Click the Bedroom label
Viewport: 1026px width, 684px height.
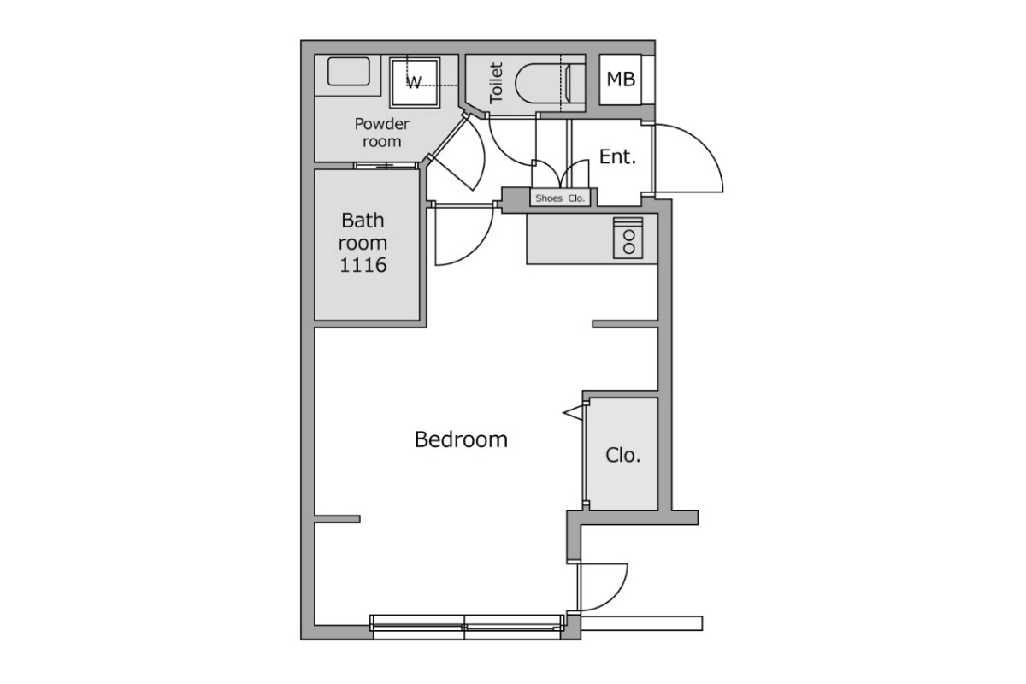coord(461,439)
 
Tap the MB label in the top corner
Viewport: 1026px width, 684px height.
coord(621,80)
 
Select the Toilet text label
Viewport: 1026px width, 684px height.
coord(497,83)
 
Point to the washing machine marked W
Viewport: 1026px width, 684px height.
coord(415,82)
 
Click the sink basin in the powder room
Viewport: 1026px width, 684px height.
coord(349,72)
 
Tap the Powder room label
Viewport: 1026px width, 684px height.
coord(382,133)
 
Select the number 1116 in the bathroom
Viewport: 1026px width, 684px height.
coord(363,265)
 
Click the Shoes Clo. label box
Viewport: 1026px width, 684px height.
coord(560,198)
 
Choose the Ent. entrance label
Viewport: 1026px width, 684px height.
coord(618,157)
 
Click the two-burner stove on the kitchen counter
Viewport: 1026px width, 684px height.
coord(628,239)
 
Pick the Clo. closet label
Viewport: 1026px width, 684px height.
coord(622,456)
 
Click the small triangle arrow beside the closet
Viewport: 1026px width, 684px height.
coord(574,413)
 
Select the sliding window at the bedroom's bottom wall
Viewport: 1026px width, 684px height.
coord(467,626)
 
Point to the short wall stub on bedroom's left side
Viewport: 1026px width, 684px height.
coord(338,519)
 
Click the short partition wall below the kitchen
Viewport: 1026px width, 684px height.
coord(625,324)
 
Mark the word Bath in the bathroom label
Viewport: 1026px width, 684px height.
coord(363,221)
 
